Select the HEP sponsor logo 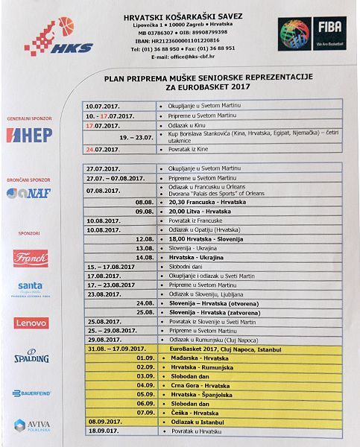tap(29, 135)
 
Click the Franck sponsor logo tap(31, 258)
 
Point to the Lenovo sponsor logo tap(31, 323)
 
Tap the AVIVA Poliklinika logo tap(31, 425)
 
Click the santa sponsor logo tap(31, 288)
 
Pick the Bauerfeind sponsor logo tap(31, 393)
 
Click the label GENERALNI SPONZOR tap(29, 119)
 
